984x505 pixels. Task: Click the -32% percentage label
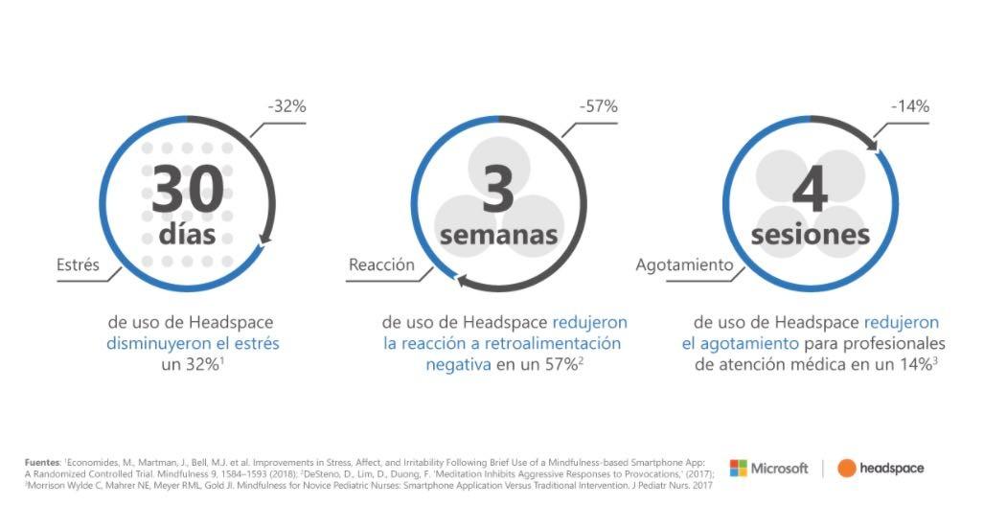pyautogui.click(x=286, y=106)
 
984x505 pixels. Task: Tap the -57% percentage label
pyautogui.click(x=598, y=106)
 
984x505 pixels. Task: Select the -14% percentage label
pyautogui.click(x=909, y=106)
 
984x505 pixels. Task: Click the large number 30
pyautogui.click(x=188, y=190)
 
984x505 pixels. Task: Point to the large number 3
pyautogui.click(x=498, y=189)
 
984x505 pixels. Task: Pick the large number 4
pyautogui.click(x=810, y=190)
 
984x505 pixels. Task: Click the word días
pyautogui.click(x=187, y=234)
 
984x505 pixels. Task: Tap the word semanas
pyautogui.click(x=498, y=235)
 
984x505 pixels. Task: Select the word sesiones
pyautogui.click(x=810, y=235)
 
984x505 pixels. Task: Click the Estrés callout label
pyautogui.click(x=78, y=264)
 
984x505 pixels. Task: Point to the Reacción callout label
pyautogui.click(x=382, y=264)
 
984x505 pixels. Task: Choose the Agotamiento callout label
pyautogui.click(x=684, y=264)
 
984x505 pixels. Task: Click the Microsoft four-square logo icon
pyautogui.click(x=738, y=468)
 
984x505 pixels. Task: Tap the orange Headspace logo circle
pyautogui.click(x=847, y=468)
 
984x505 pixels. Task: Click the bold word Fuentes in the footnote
pyautogui.click(x=41, y=463)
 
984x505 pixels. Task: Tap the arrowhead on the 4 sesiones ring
pyautogui.click(x=874, y=149)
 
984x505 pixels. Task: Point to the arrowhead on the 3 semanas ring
pyautogui.click(x=460, y=281)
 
